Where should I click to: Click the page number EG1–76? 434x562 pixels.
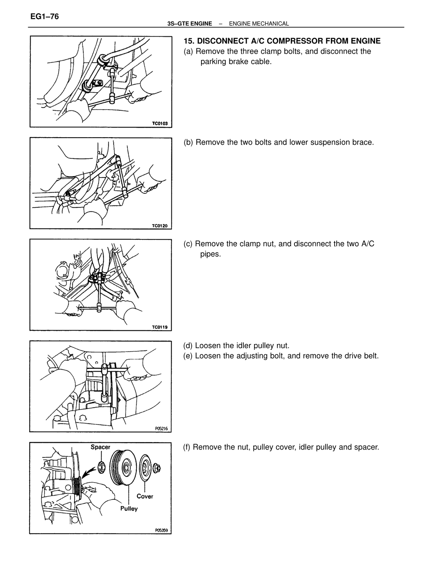pos(44,16)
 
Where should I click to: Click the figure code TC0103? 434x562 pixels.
pos(160,123)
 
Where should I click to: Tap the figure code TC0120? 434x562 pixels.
pos(160,226)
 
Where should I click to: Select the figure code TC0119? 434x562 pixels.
pos(160,327)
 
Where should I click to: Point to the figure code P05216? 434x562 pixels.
pos(161,428)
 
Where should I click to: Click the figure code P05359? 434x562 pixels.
pos(161,530)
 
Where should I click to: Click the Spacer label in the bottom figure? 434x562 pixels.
pos(100,447)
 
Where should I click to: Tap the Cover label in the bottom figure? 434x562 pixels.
pos(145,496)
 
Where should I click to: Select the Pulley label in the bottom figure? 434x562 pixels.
pos(129,509)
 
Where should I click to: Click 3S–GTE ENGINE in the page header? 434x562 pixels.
pos(190,24)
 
